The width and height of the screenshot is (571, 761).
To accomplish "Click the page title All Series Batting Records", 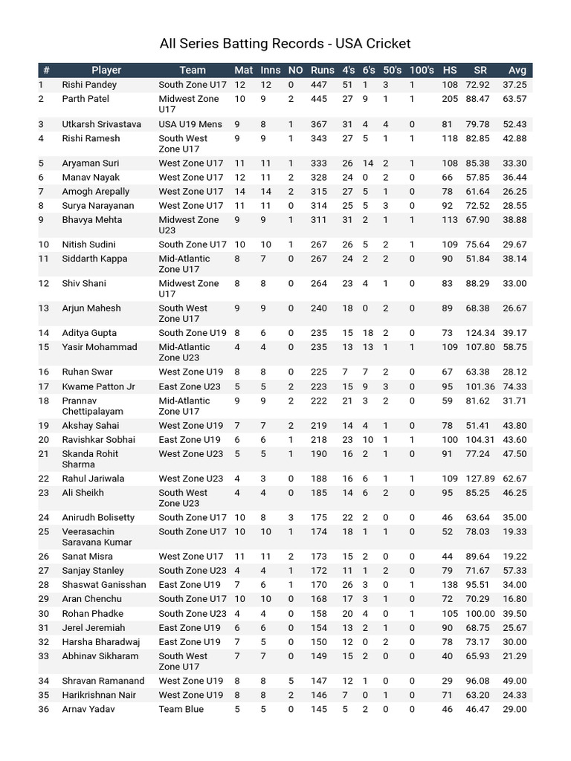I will [x=285, y=44].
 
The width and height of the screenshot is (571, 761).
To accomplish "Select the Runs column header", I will [x=322, y=71].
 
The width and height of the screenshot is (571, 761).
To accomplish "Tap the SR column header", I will [x=480, y=71].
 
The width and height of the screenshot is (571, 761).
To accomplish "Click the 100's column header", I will [x=421, y=71].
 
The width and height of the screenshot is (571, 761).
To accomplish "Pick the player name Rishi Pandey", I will [x=89, y=85].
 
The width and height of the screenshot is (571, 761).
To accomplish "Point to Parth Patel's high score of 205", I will [x=450, y=99].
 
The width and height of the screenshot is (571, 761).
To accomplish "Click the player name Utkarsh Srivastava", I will [x=101, y=124].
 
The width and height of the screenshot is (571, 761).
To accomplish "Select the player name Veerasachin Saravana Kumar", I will [x=97, y=537].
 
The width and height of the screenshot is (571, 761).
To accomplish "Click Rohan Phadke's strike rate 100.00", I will [x=480, y=614].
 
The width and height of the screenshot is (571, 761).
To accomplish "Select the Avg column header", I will [x=517, y=71].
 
